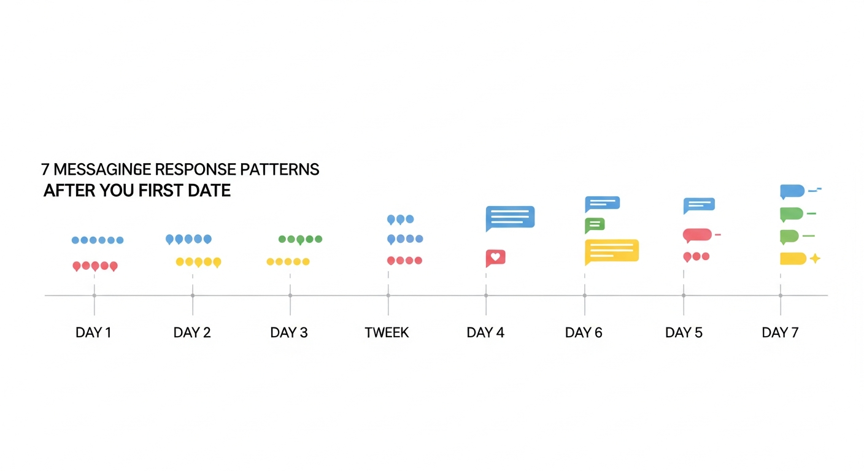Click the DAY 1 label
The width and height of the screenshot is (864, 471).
click(x=93, y=332)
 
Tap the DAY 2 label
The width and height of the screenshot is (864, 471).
click(x=192, y=332)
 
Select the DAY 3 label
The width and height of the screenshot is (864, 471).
click(x=289, y=332)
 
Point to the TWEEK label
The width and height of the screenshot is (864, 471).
click(x=387, y=332)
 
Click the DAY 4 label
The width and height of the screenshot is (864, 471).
click(x=485, y=332)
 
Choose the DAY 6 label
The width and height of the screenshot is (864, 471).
click(x=584, y=332)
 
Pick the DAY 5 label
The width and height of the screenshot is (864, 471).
click(x=684, y=332)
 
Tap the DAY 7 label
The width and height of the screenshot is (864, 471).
click(x=780, y=332)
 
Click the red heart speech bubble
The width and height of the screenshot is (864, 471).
click(x=495, y=258)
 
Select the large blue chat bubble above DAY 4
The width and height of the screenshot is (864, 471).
click(x=510, y=218)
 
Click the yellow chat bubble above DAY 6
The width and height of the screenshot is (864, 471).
click(x=612, y=251)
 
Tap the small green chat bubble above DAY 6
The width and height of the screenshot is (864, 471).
click(x=595, y=225)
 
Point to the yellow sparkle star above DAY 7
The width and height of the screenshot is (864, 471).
click(x=815, y=258)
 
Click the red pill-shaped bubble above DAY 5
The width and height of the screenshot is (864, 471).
click(x=697, y=235)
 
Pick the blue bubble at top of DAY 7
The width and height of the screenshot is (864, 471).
click(x=792, y=191)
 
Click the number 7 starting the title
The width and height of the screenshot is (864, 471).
click(x=45, y=169)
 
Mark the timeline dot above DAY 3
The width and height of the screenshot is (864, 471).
click(x=290, y=296)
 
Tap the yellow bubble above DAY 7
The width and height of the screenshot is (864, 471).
click(x=793, y=259)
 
